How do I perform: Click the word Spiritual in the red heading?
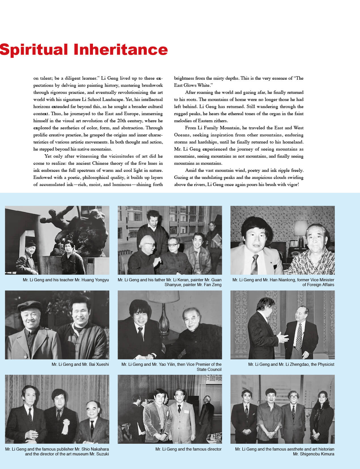coord(33,50)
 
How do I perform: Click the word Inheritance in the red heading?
coord(121,50)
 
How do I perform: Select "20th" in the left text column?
coord(121,121)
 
